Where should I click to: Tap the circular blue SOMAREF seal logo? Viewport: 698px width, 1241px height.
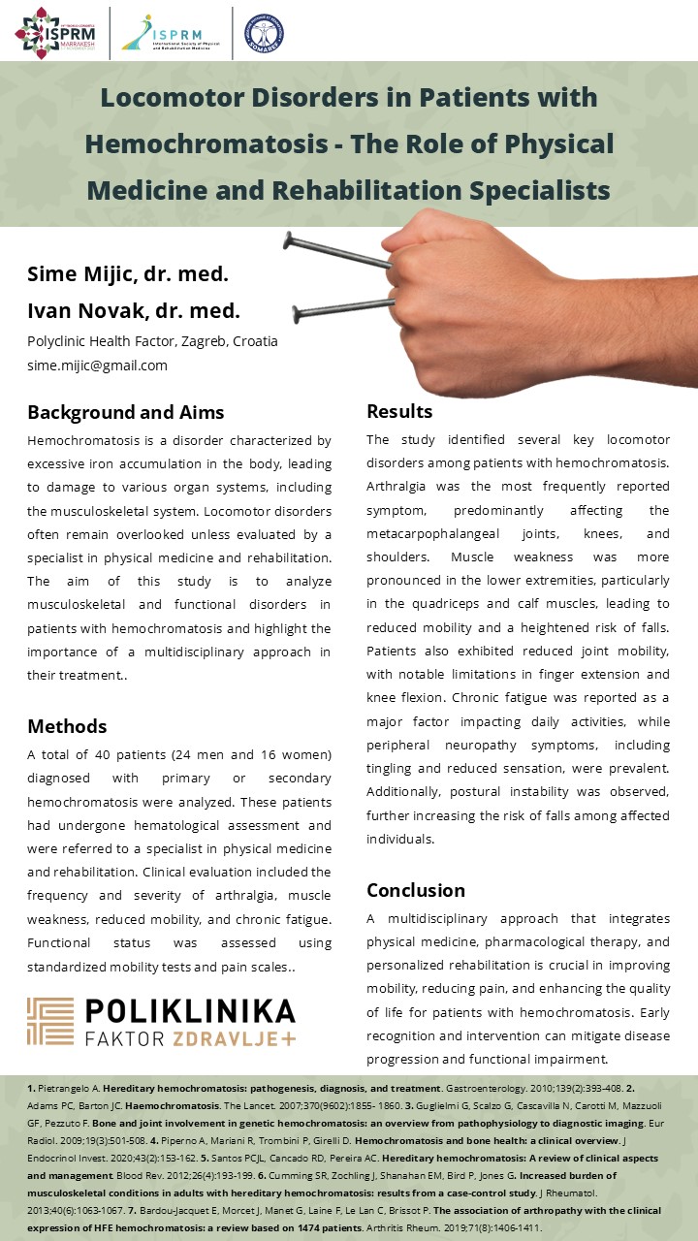coord(264,32)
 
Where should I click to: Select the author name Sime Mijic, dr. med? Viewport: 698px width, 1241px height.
coord(128,273)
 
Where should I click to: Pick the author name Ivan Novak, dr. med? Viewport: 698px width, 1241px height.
coord(133,311)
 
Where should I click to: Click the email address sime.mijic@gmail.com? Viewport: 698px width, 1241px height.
coord(97,366)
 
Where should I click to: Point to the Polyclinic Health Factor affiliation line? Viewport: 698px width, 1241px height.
coord(152,341)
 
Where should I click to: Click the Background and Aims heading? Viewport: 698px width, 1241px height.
coord(125,412)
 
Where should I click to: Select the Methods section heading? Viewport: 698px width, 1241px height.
coord(67,726)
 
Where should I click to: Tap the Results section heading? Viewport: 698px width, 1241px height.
coord(399,411)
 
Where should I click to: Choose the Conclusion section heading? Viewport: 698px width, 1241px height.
coord(416,890)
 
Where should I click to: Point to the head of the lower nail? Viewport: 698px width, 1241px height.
coord(298,312)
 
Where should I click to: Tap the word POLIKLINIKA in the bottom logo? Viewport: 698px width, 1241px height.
coord(190,1012)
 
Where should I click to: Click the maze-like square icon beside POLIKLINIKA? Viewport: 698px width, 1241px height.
coord(50,1022)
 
